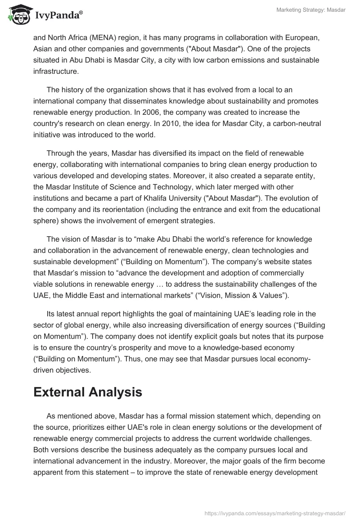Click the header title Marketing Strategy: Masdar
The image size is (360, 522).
[x=311, y=10]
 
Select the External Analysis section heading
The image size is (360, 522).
[x=88, y=392]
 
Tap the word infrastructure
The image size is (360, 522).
[x=56, y=71]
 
